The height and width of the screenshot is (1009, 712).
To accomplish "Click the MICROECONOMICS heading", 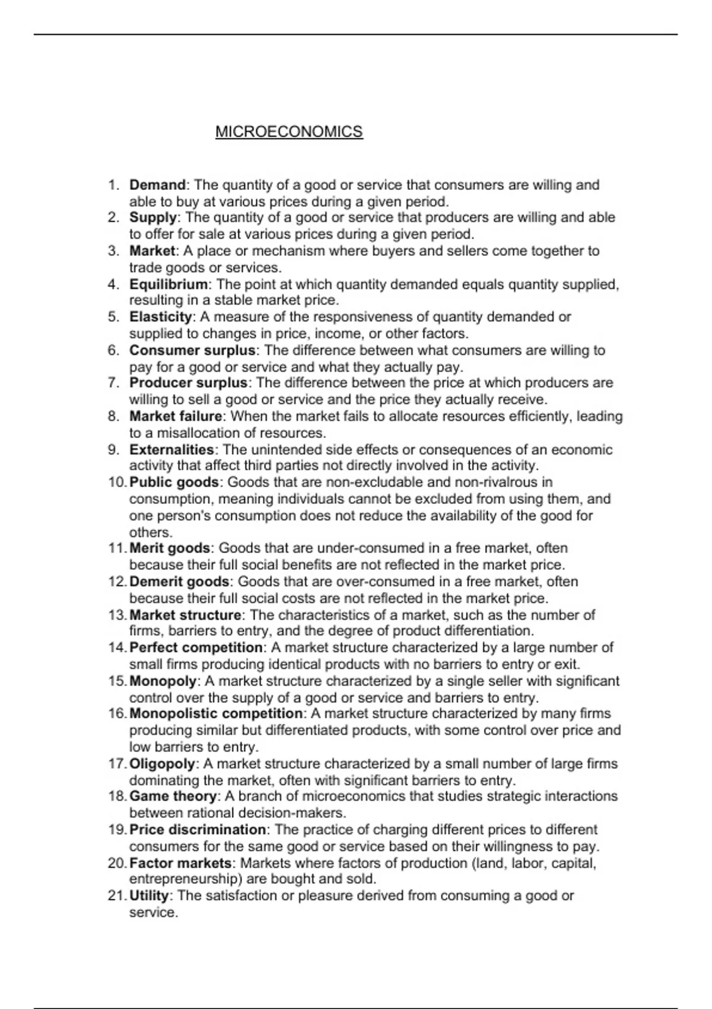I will (289, 132).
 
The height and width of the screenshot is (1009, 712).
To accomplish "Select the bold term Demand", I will (157, 185).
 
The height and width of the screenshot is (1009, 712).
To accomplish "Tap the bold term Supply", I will (153, 218).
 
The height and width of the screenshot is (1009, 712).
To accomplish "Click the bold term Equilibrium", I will (169, 284).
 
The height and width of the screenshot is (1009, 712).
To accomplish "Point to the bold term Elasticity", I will (160, 317).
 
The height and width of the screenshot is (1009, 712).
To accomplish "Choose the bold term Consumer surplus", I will (192, 350).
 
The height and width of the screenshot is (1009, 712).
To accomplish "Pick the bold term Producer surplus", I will (188, 383).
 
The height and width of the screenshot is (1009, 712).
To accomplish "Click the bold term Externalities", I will (171, 449).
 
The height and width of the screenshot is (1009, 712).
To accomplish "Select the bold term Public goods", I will (174, 482).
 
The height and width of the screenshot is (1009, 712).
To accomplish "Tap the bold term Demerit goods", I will (179, 582).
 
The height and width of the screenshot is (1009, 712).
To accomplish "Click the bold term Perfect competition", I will (196, 648).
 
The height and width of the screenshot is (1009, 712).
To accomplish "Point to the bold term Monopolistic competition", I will (216, 713).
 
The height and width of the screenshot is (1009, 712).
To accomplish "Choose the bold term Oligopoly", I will (162, 764).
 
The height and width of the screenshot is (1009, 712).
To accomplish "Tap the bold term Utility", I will (149, 896).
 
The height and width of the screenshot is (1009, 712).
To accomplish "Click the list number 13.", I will (116, 615).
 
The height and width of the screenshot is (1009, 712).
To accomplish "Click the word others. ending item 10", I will (151, 532).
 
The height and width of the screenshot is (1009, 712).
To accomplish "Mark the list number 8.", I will (114, 417).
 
